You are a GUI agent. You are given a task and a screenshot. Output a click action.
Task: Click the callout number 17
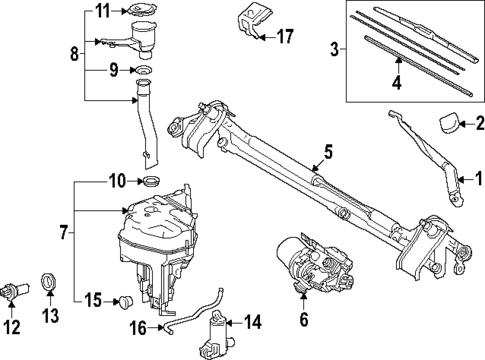[x=287, y=38]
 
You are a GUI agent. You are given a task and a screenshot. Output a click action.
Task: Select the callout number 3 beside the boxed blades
[x=332, y=46]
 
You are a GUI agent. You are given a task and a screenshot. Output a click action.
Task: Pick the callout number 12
[x=11, y=326]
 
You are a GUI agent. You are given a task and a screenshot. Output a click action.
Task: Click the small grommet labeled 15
[x=125, y=300]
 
